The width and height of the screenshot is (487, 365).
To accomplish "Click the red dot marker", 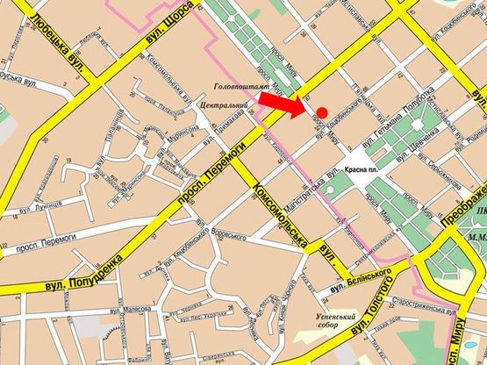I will click(x=322, y=111).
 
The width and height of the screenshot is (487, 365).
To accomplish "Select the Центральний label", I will click(x=223, y=105).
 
